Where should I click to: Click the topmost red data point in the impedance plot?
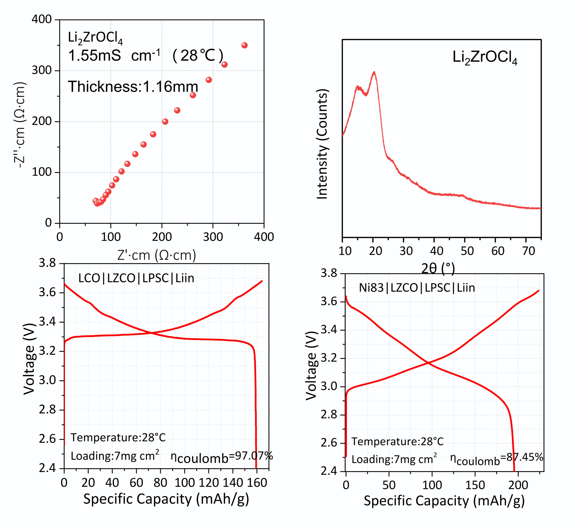click(x=244, y=45)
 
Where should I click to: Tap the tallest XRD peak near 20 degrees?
click(x=374, y=72)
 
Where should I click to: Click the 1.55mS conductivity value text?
click(x=94, y=55)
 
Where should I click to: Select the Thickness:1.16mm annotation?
click(x=133, y=87)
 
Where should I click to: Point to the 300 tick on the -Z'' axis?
click(x=42, y=70)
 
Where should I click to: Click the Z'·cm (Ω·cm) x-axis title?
click(x=157, y=255)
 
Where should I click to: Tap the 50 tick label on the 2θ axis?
click(x=467, y=251)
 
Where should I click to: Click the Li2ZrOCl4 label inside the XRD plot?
click(x=485, y=57)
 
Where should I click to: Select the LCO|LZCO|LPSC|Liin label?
click(x=136, y=278)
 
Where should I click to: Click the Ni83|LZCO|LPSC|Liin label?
click(x=417, y=288)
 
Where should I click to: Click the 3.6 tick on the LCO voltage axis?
click(x=47, y=292)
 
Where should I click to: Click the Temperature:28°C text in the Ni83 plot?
click(x=397, y=442)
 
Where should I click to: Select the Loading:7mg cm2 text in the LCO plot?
click(x=115, y=456)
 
